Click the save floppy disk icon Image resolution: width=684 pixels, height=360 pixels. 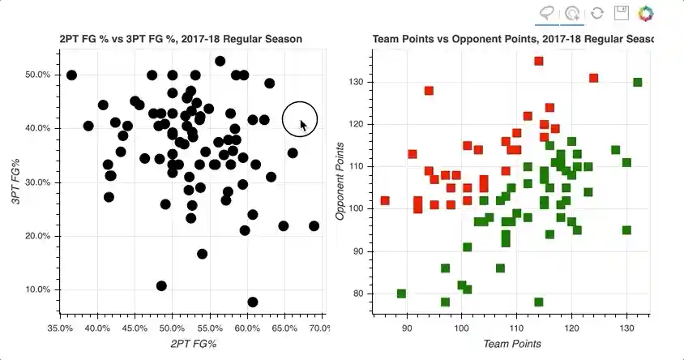(x=622, y=13)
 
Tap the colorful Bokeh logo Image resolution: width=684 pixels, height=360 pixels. (x=646, y=13)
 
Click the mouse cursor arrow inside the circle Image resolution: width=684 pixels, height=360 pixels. (x=303, y=125)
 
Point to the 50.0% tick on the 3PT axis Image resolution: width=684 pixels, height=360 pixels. (x=36, y=75)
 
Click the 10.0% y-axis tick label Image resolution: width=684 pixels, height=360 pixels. (x=36, y=289)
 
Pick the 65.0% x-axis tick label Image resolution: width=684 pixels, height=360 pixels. (x=284, y=328)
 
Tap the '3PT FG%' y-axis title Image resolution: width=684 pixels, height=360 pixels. (x=16, y=182)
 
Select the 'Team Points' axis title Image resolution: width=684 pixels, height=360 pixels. (x=511, y=345)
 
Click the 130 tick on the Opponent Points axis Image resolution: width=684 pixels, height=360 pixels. (x=355, y=82)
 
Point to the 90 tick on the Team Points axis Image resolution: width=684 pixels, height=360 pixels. (x=407, y=328)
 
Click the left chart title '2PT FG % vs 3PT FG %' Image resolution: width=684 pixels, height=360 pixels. (x=181, y=39)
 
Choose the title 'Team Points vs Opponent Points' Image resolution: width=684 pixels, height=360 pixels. (x=513, y=39)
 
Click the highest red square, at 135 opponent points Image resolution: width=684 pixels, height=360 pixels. (x=539, y=61)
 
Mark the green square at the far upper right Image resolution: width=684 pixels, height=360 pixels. (x=638, y=82)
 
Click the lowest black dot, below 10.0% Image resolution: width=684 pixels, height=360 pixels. (x=253, y=302)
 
